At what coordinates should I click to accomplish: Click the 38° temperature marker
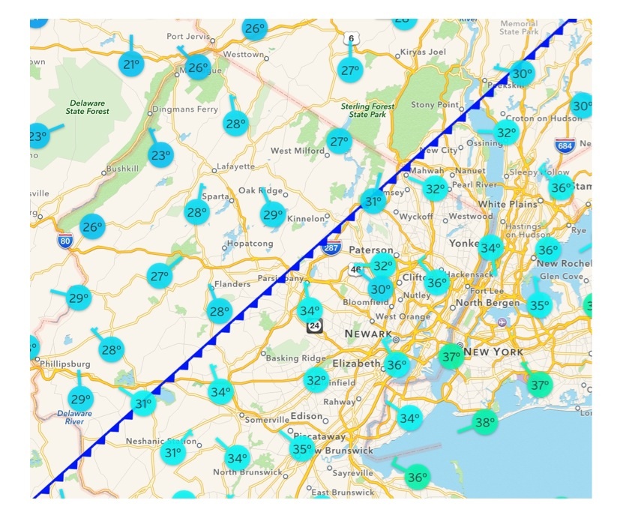tap(485, 421)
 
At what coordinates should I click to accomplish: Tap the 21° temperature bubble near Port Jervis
tap(132, 64)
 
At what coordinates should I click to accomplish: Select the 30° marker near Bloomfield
tap(380, 289)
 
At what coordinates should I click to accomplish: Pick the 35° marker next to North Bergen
tap(538, 305)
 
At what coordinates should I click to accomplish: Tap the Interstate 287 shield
tap(331, 247)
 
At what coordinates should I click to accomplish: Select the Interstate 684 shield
tap(565, 144)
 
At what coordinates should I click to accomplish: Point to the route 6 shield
tap(351, 39)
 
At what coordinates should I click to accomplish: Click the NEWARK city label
tap(368, 333)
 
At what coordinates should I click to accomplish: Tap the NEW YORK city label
tap(493, 352)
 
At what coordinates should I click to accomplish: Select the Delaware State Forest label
tap(89, 107)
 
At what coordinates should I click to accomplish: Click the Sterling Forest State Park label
tap(367, 110)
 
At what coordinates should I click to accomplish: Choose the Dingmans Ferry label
tap(184, 109)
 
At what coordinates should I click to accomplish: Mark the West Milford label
tap(296, 151)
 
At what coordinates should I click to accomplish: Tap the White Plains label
tap(508, 204)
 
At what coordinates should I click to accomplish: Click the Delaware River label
tap(74, 418)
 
